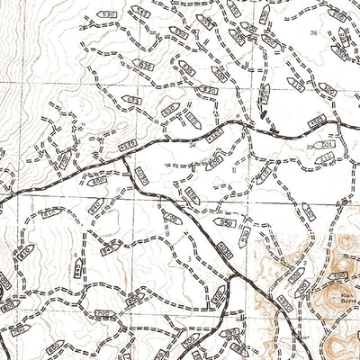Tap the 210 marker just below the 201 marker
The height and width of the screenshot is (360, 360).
(x=328, y=159)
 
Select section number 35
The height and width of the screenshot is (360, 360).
(x=309, y=145)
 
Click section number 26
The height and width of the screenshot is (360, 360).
(x=313, y=32)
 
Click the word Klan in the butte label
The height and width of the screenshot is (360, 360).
(x=321, y=292)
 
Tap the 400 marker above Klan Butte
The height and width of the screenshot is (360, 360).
(x=339, y=274)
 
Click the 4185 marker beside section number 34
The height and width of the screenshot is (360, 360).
(x=213, y=136)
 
